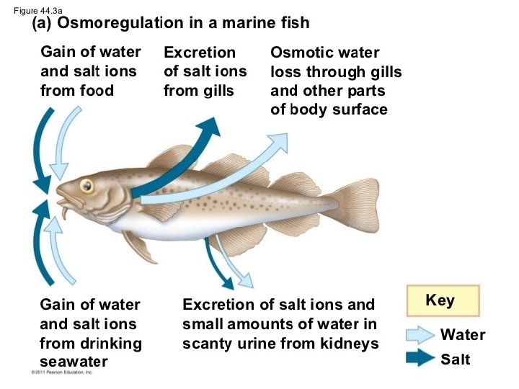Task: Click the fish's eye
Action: pos(86,185)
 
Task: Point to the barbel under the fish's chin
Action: pos(64,213)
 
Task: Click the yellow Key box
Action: pos(440,300)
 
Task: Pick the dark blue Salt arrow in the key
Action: pos(419,357)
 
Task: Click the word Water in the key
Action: pos(463,335)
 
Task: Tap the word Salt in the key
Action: pos(456,358)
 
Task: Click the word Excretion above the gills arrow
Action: pos(200,53)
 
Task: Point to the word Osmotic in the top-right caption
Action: pos(298,53)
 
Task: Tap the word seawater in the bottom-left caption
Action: pos(74,362)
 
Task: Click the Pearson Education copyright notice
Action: pos(63,372)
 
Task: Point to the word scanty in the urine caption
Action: pos(208,344)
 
